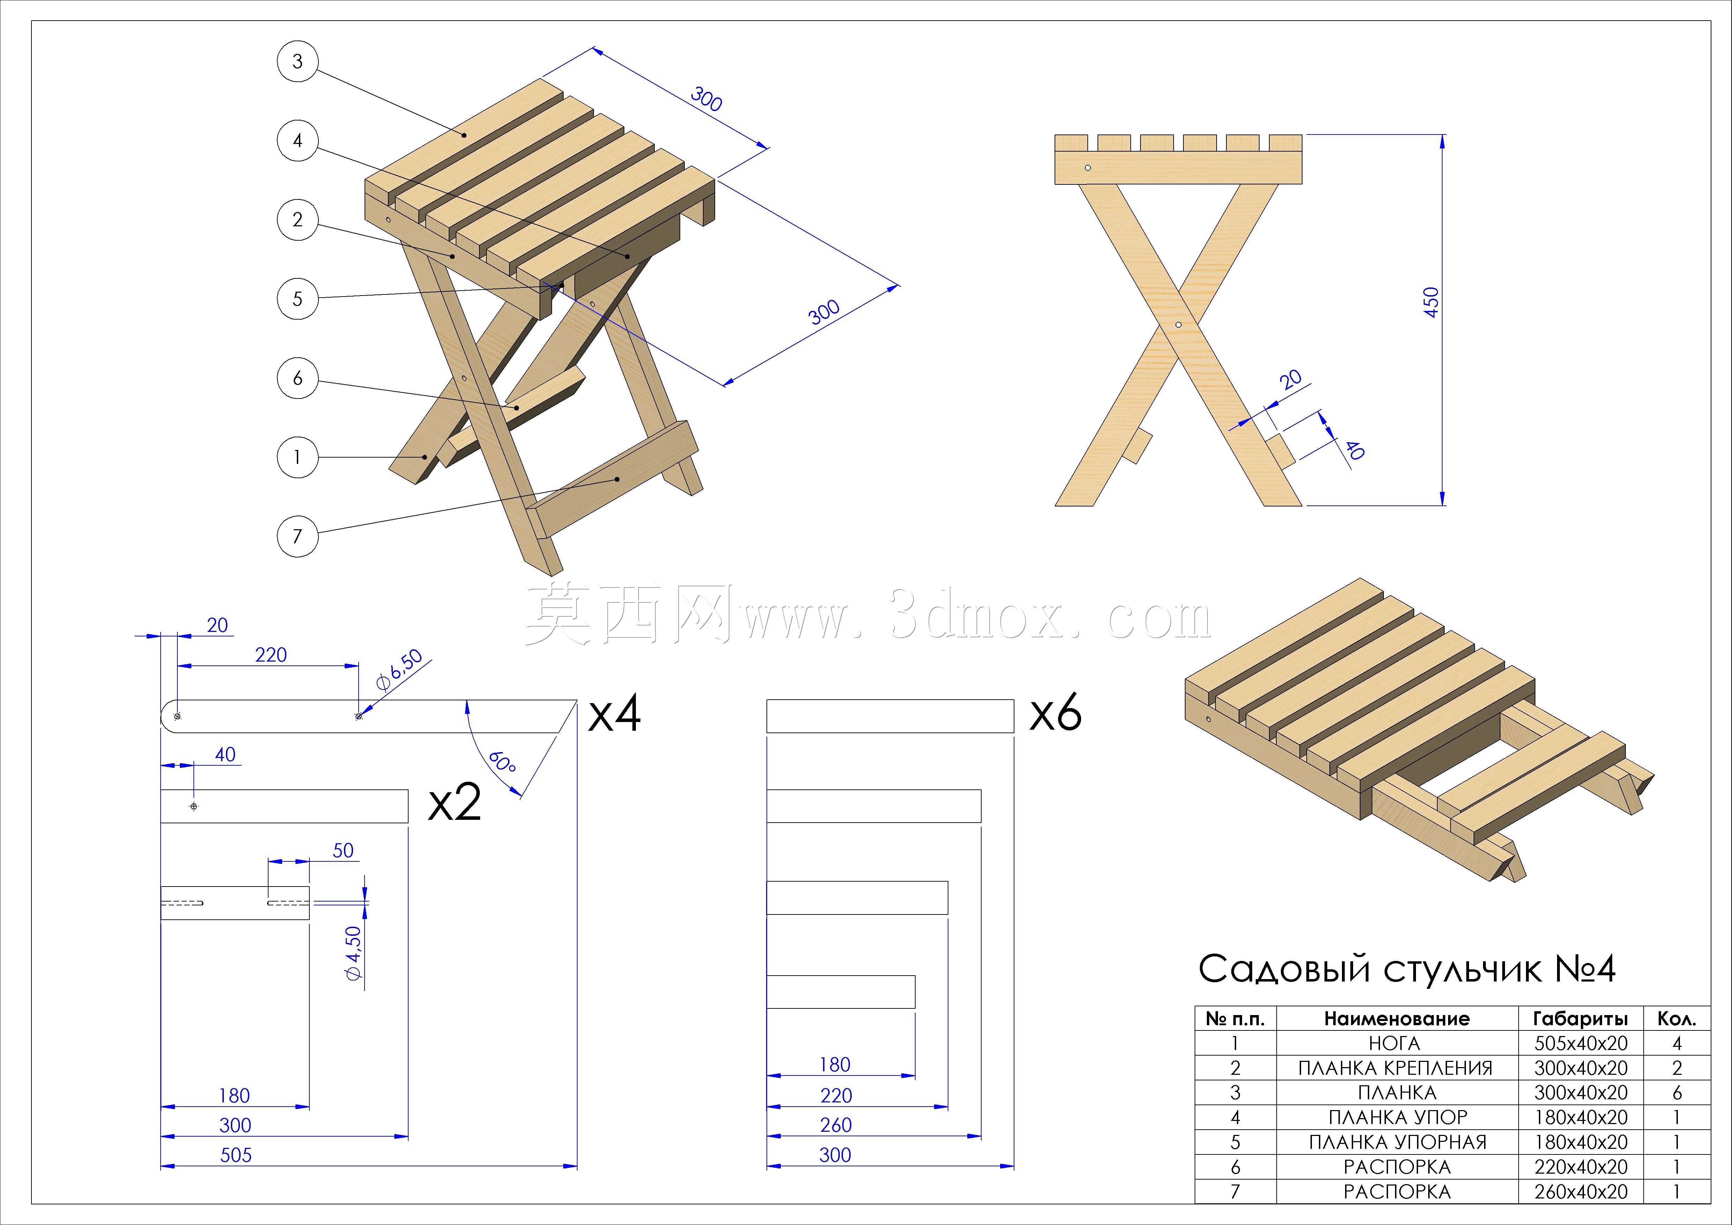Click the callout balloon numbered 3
click(297, 61)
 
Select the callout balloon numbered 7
click(297, 536)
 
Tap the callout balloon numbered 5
click(297, 298)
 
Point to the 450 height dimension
click(1431, 302)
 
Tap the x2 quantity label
click(455, 804)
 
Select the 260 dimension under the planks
click(836, 1125)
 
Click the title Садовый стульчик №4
click(1407, 968)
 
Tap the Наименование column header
click(1397, 1019)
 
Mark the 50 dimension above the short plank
click(343, 851)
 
